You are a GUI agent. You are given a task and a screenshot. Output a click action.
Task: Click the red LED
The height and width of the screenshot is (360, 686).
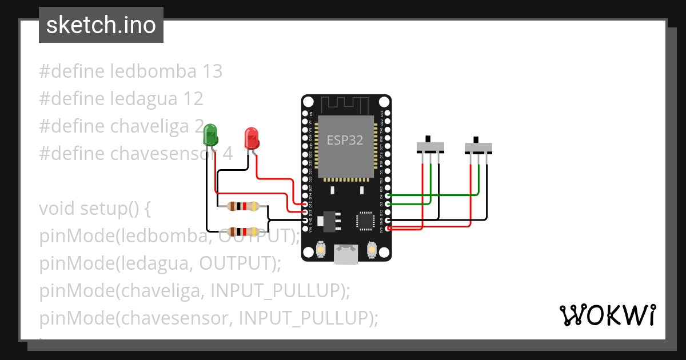click(x=252, y=138)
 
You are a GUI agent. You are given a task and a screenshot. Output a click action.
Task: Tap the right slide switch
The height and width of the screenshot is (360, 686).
click(x=478, y=147)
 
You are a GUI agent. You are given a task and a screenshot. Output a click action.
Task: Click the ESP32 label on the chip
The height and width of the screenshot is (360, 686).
click(x=345, y=140)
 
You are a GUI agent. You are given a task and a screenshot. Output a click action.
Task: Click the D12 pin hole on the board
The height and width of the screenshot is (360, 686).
click(x=305, y=204)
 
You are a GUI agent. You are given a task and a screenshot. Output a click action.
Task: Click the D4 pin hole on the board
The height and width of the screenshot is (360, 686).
click(x=388, y=196)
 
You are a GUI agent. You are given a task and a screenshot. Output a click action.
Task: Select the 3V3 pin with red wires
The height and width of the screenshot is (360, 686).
click(x=388, y=228)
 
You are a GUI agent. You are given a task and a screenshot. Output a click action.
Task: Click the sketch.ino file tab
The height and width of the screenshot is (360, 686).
click(x=101, y=25)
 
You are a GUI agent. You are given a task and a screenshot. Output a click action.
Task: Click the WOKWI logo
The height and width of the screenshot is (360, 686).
click(x=607, y=315)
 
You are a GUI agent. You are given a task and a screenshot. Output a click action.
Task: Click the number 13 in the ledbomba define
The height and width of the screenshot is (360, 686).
click(x=212, y=71)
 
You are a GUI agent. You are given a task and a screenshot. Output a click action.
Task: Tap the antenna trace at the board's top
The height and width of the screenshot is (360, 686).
click(x=346, y=104)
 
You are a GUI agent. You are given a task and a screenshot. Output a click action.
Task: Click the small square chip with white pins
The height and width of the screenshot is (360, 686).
click(x=365, y=221)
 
